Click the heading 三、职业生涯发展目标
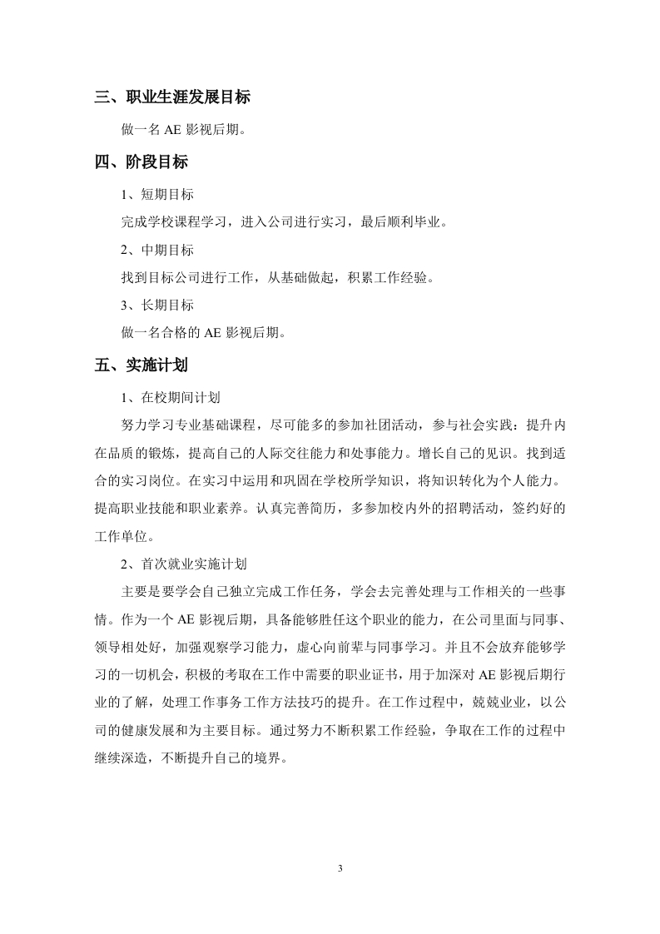pos(172,97)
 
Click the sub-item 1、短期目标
pos(157,194)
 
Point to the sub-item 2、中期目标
pos(157,250)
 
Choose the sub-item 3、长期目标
pos(157,306)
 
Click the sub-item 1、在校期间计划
pos(171,397)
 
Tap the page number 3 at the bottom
pos(340,868)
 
